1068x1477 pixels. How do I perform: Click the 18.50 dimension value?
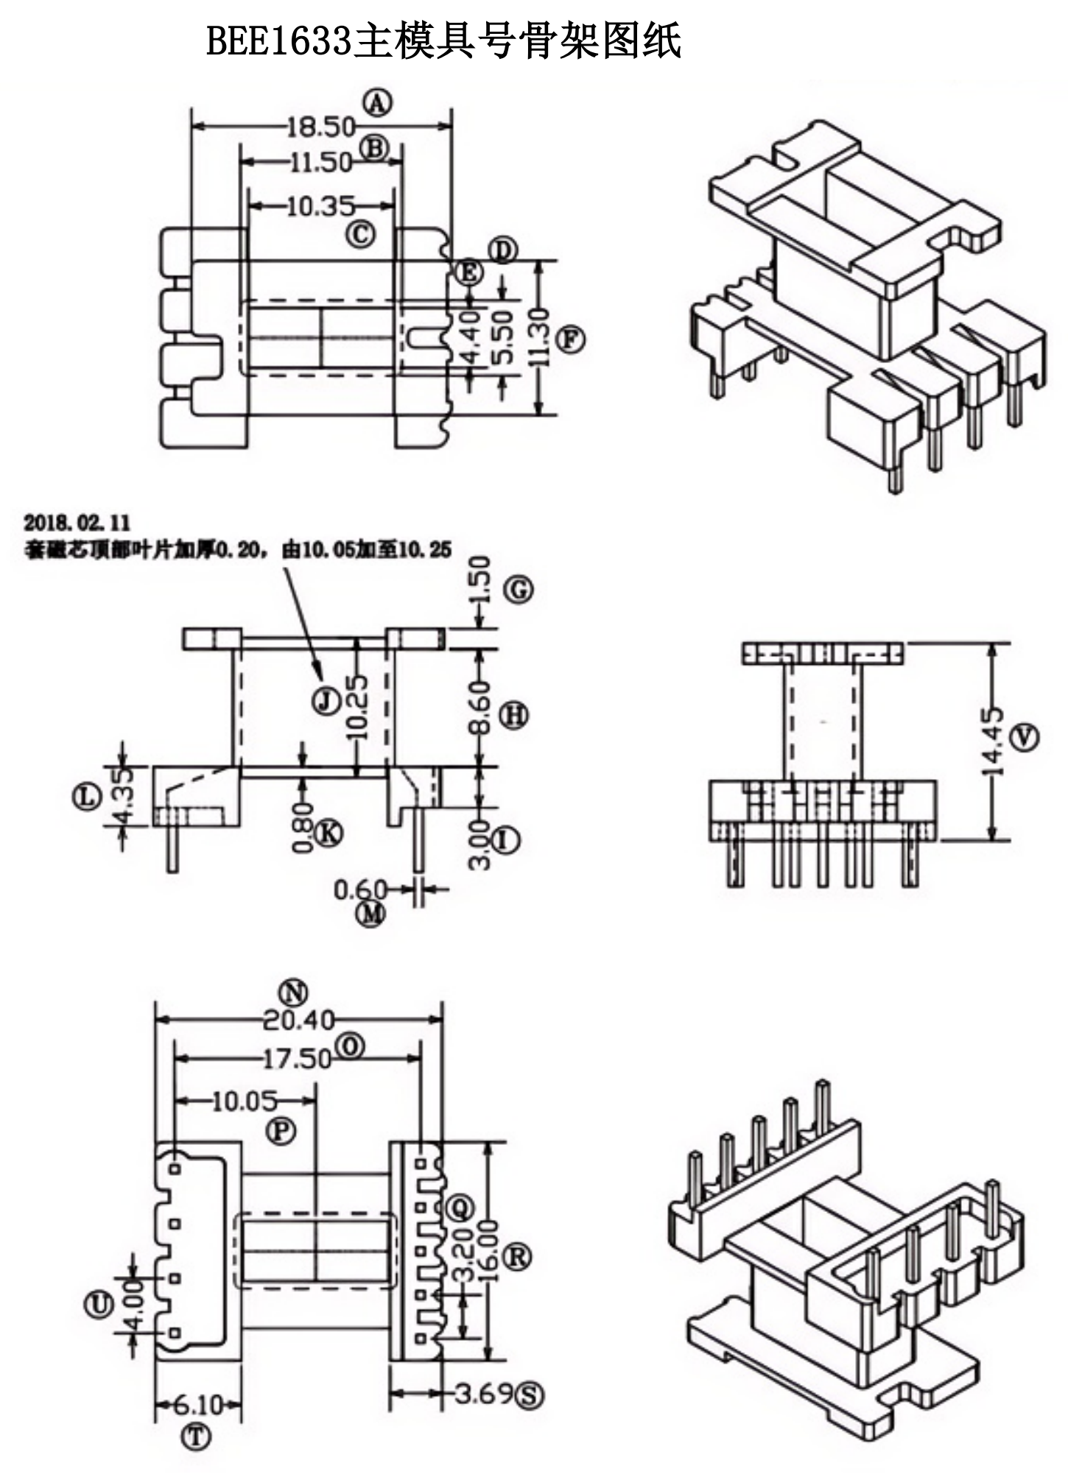pos(320,127)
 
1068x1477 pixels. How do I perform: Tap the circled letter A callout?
pos(377,103)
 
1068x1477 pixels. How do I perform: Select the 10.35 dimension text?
pos(320,206)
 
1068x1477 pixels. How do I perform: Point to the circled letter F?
pos(571,340)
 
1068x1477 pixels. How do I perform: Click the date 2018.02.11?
pos(77,523)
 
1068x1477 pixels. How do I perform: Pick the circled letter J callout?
pos(325,699)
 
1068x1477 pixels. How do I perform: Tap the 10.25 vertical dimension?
pos(357,707)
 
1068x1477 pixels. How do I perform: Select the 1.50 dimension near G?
pos(479,580)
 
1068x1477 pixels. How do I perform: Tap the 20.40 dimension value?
pos(298,1020)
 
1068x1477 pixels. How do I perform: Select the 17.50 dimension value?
pos(297,1059)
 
